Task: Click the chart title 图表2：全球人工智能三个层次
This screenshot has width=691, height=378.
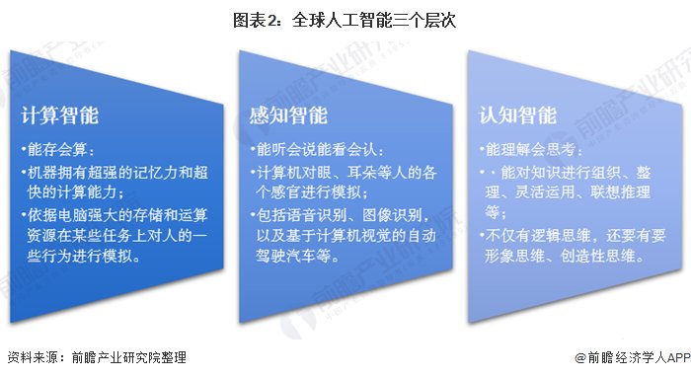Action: click(345, 20)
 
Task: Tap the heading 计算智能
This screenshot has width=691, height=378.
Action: click(60, 115)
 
